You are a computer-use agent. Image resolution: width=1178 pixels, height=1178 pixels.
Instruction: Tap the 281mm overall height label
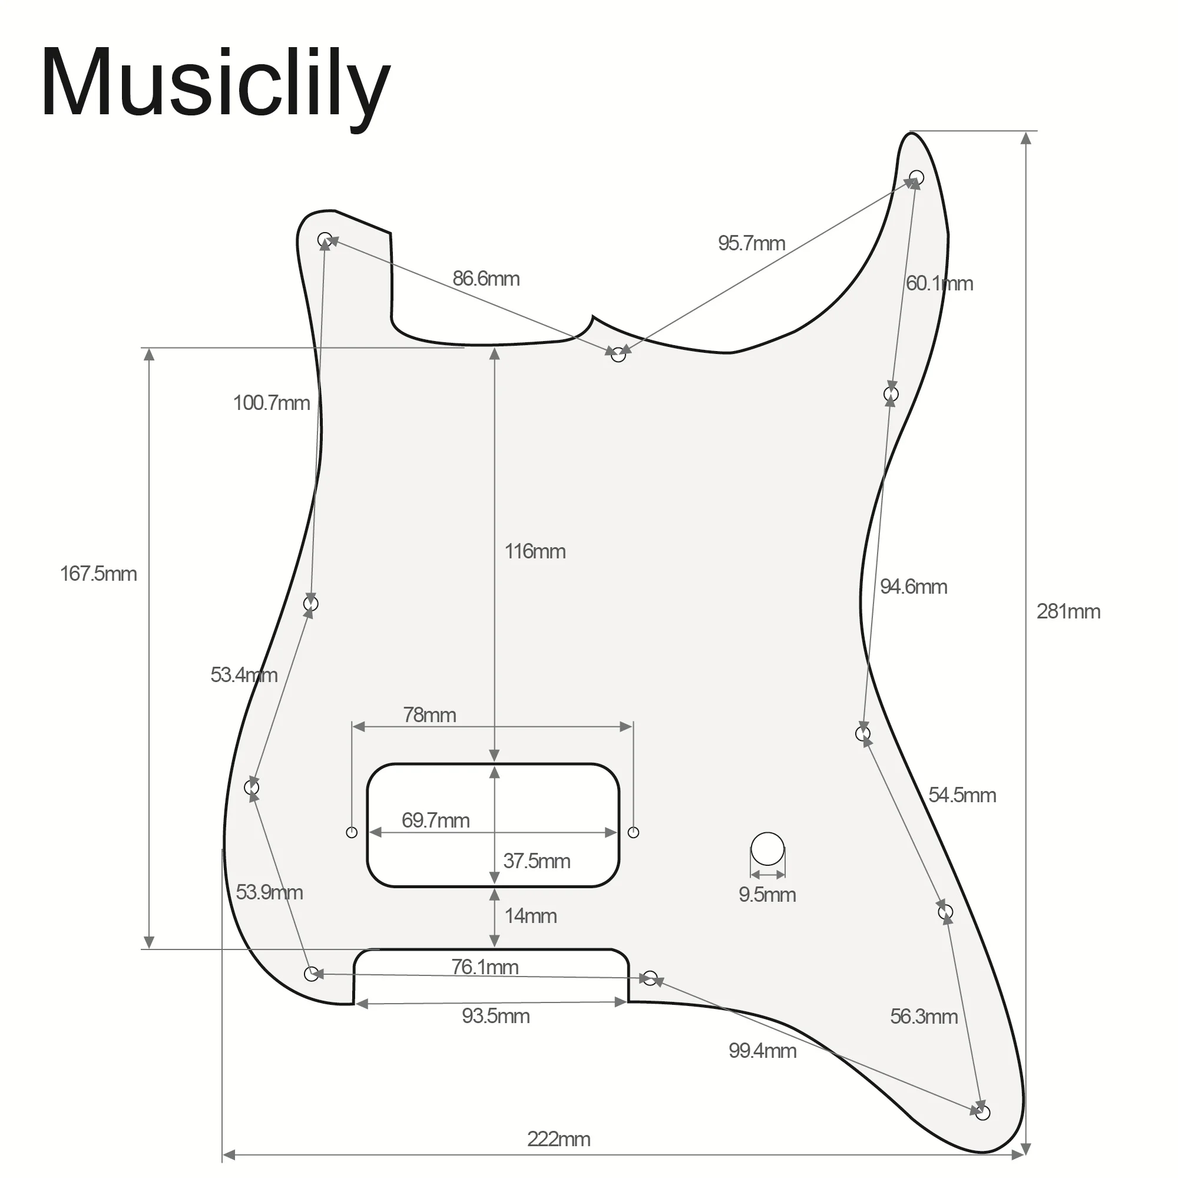click(1068, 611)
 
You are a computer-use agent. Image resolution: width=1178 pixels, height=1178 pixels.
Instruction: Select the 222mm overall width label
click(558, 1139)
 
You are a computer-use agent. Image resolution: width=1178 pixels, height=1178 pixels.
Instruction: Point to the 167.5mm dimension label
click(98, 574)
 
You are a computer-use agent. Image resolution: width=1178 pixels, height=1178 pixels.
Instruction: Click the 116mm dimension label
click(535, 551)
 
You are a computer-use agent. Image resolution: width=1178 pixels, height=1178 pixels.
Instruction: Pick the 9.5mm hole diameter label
click(767, 895)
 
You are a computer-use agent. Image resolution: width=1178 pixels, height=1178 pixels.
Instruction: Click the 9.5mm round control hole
click(767, 849)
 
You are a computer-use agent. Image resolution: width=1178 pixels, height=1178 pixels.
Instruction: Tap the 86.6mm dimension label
click(486, 279)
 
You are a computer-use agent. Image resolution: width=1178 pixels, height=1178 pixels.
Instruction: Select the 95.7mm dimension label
click(751, 243)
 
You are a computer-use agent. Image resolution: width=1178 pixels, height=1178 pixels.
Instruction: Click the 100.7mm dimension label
click(272, 403)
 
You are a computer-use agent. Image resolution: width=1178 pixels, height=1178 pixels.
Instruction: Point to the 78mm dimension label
click(429, 714)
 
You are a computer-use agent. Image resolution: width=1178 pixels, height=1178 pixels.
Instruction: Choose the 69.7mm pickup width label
click(435, 820)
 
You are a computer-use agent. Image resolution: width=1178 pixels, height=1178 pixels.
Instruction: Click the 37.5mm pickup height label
click(537, 861)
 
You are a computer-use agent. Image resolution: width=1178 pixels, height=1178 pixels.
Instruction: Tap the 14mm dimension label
click(531, 916)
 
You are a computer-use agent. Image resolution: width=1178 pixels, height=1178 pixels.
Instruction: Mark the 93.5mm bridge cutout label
click(496, 1016)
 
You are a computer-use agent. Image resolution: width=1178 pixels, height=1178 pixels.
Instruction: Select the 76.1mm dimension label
click(485, 967)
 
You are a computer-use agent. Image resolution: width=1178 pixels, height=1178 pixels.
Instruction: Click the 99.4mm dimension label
click(762, 1051)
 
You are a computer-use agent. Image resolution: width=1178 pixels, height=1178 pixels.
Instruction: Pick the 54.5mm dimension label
click(962, 795)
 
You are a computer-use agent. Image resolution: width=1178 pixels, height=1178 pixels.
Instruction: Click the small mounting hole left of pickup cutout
click(352, 832)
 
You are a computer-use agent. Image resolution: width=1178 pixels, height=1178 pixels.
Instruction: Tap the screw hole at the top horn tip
click(916, 178)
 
